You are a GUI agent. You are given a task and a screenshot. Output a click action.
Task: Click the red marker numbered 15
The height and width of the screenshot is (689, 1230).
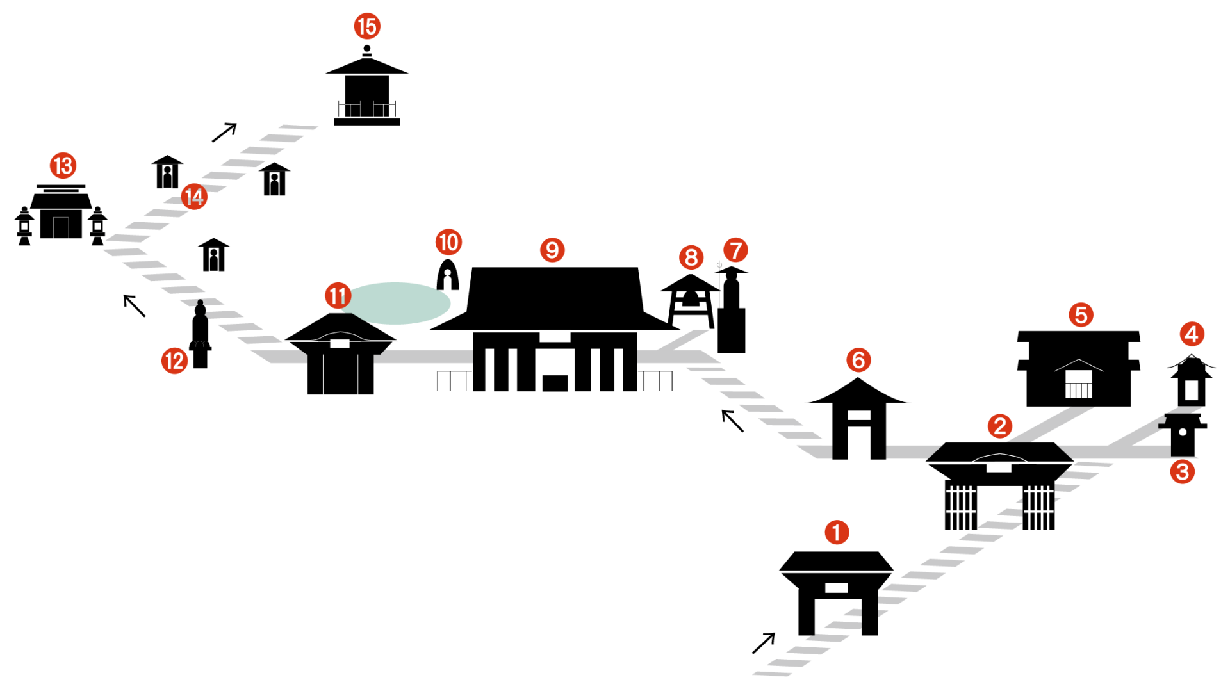pyautogui.click(x=367, y=26)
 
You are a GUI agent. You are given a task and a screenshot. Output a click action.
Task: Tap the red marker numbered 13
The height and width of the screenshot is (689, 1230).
pyautogui.click(x=63, y=166)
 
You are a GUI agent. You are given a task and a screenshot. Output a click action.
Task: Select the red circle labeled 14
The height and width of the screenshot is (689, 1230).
pyautogui.click(x=194, y=197)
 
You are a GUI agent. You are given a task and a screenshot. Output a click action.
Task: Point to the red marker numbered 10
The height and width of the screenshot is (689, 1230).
pyautogui.click(x=448, y=242)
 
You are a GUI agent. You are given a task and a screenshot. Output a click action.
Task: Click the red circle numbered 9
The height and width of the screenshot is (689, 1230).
pyautogui.click(x=552, y=250)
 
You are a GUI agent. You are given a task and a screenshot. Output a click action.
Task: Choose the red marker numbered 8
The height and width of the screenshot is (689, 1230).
pyautogui.click(x=691, y=257)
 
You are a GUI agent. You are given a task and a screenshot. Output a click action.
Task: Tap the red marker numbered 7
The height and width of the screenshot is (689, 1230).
pyautogui.click(x=735, y=250)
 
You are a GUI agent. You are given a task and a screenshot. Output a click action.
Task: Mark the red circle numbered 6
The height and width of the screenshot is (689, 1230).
pyautogui.click(x=858, y=360)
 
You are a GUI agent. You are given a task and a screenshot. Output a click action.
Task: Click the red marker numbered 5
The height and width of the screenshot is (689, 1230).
pyautogui.click(x=1081, y=314)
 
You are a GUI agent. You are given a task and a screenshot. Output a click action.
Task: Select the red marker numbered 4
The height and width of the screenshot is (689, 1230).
pyautogui.click(x=1192, y=334)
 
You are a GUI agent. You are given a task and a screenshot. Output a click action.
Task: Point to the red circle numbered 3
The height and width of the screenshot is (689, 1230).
pyautogui.click(x=1182, y=472)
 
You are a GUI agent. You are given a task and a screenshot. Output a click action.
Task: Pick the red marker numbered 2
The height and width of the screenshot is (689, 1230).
pyautogui.click(x=999, y=426)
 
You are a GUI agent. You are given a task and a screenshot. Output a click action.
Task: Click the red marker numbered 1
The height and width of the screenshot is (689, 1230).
pyautogui.click(x=836, y=532)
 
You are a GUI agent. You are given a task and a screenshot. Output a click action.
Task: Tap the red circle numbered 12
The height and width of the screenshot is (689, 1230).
pyautogui.click(x=174, y=361)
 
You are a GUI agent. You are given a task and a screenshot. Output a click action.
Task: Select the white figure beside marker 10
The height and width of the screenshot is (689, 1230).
pyautogui.click(x=447, y=280)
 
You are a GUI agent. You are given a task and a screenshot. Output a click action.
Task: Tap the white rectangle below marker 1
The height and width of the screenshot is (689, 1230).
pyautogui.click(x=836, y=588)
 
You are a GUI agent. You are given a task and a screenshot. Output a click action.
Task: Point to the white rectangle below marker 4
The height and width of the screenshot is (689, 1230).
pyautogui.click(x=1191, y=389)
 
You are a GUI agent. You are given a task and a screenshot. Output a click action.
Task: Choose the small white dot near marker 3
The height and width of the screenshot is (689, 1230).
pyautogui.click(x=1183, y=432)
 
